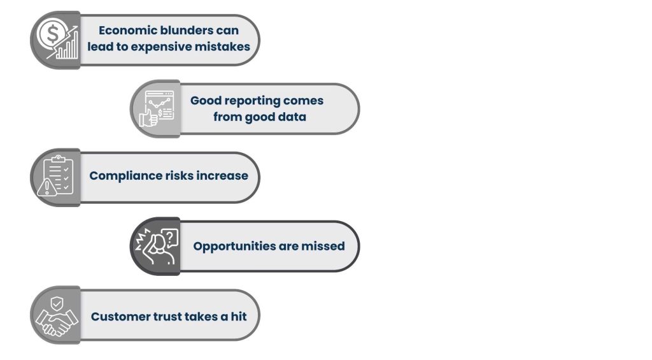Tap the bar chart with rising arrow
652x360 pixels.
(65, 44)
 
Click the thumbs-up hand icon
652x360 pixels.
(148, 117)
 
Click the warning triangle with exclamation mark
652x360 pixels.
(47, 187)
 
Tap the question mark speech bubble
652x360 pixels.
(169, 238)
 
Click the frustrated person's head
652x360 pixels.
(158, 244)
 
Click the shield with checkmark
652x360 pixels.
(57, 304)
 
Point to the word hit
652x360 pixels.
(239, 317)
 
